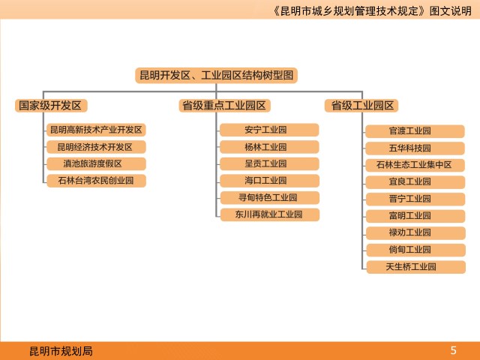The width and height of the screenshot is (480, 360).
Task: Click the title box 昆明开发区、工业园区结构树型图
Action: coord(217,75)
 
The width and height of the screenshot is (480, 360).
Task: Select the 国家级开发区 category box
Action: coord(51,106)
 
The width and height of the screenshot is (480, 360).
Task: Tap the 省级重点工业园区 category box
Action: coord(224,106)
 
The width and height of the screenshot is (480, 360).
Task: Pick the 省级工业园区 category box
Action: coord(361,106)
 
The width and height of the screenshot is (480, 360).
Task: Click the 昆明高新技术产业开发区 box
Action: coord(96,130)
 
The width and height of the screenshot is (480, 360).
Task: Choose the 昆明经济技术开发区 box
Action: coord(96,147)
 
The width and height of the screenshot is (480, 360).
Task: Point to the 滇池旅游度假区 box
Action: coord(96,163)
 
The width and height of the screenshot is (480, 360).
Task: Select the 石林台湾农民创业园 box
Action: coord(96,181)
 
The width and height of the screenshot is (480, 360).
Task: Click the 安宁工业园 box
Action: coord(269,130)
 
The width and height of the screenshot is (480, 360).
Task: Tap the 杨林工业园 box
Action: coord(269,147)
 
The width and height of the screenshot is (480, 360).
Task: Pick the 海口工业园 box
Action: coord(269,181)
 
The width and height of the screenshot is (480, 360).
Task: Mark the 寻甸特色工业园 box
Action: coord(270,197)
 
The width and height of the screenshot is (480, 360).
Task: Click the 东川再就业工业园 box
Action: coord(270,214)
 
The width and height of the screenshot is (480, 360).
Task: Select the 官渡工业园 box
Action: coord(415,131)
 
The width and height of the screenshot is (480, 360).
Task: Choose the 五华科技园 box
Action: coord(415,148)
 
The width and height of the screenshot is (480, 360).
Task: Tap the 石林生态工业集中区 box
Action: coord(415,165)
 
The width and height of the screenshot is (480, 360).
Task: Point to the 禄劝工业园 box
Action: coord(415,232)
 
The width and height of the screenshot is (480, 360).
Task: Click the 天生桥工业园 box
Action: coord(416,267)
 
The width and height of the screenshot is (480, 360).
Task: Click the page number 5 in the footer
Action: coord(453,350)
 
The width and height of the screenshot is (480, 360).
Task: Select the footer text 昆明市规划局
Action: coord(61,351)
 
